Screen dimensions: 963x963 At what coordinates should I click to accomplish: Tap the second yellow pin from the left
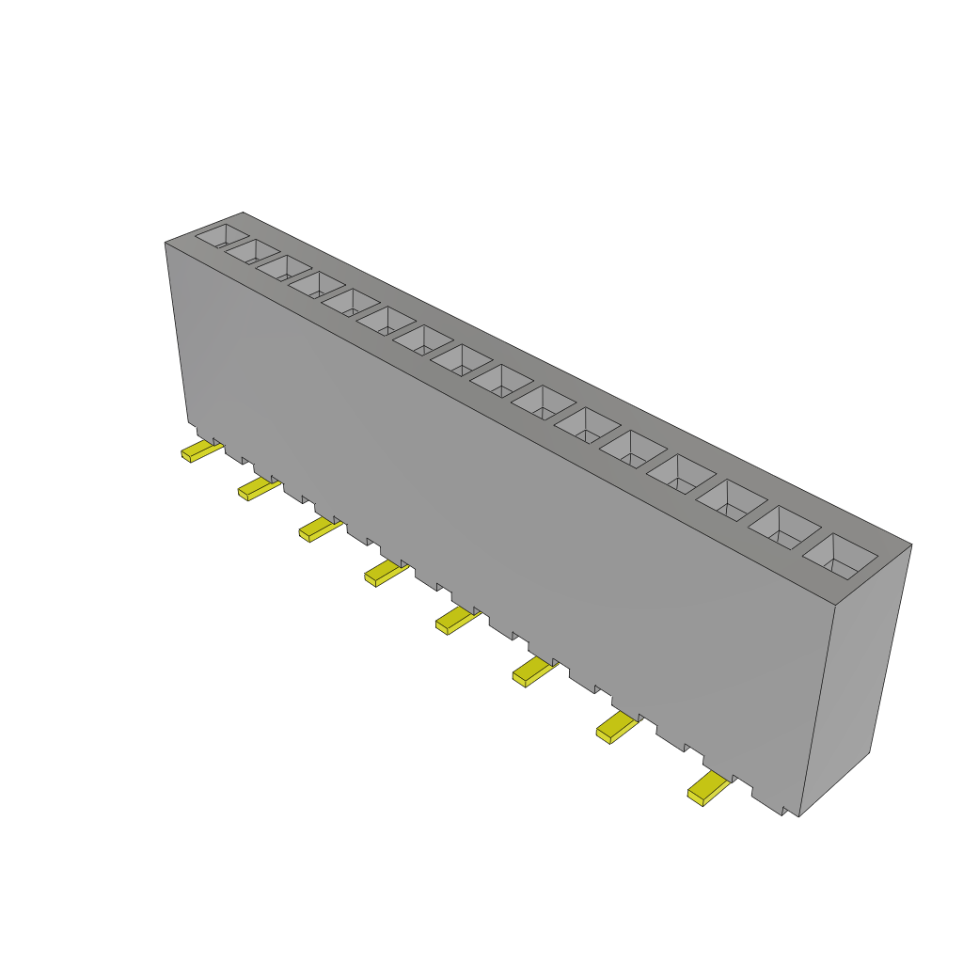pyautogui.click(x=257, y=489)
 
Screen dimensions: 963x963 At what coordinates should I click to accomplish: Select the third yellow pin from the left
pyautogui.click(x=318, y=530)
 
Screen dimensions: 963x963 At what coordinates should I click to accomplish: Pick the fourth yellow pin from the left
pyautogui.click(x=384, y=573)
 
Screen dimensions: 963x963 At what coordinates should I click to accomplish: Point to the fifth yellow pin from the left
pyautogui.click(x=455, y=621)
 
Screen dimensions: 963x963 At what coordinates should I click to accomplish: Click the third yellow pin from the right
pyautogui.click(x=532, y=671)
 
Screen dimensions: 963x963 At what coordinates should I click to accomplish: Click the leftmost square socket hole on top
pyautogui.click(x=223, y=235)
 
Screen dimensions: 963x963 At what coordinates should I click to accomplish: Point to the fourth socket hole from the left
pyautogui.click(x=317, y=285)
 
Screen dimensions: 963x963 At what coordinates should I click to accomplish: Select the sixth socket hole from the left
pyautogui.click(x=386, y=321)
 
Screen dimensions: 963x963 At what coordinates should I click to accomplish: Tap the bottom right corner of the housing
pyautogui.click(x=798, y=815)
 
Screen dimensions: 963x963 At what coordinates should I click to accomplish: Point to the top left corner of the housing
pyautogui.click(x=166, y=243)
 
